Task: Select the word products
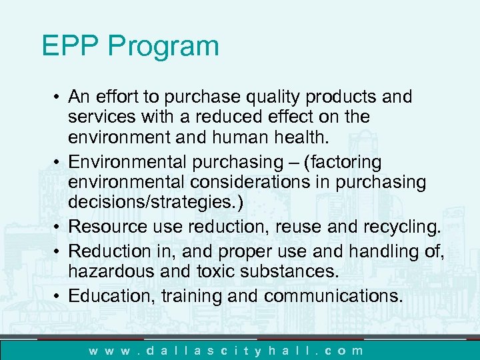coord(346,97)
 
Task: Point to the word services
coord(97,117)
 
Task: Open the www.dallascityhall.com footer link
coord(227,350)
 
